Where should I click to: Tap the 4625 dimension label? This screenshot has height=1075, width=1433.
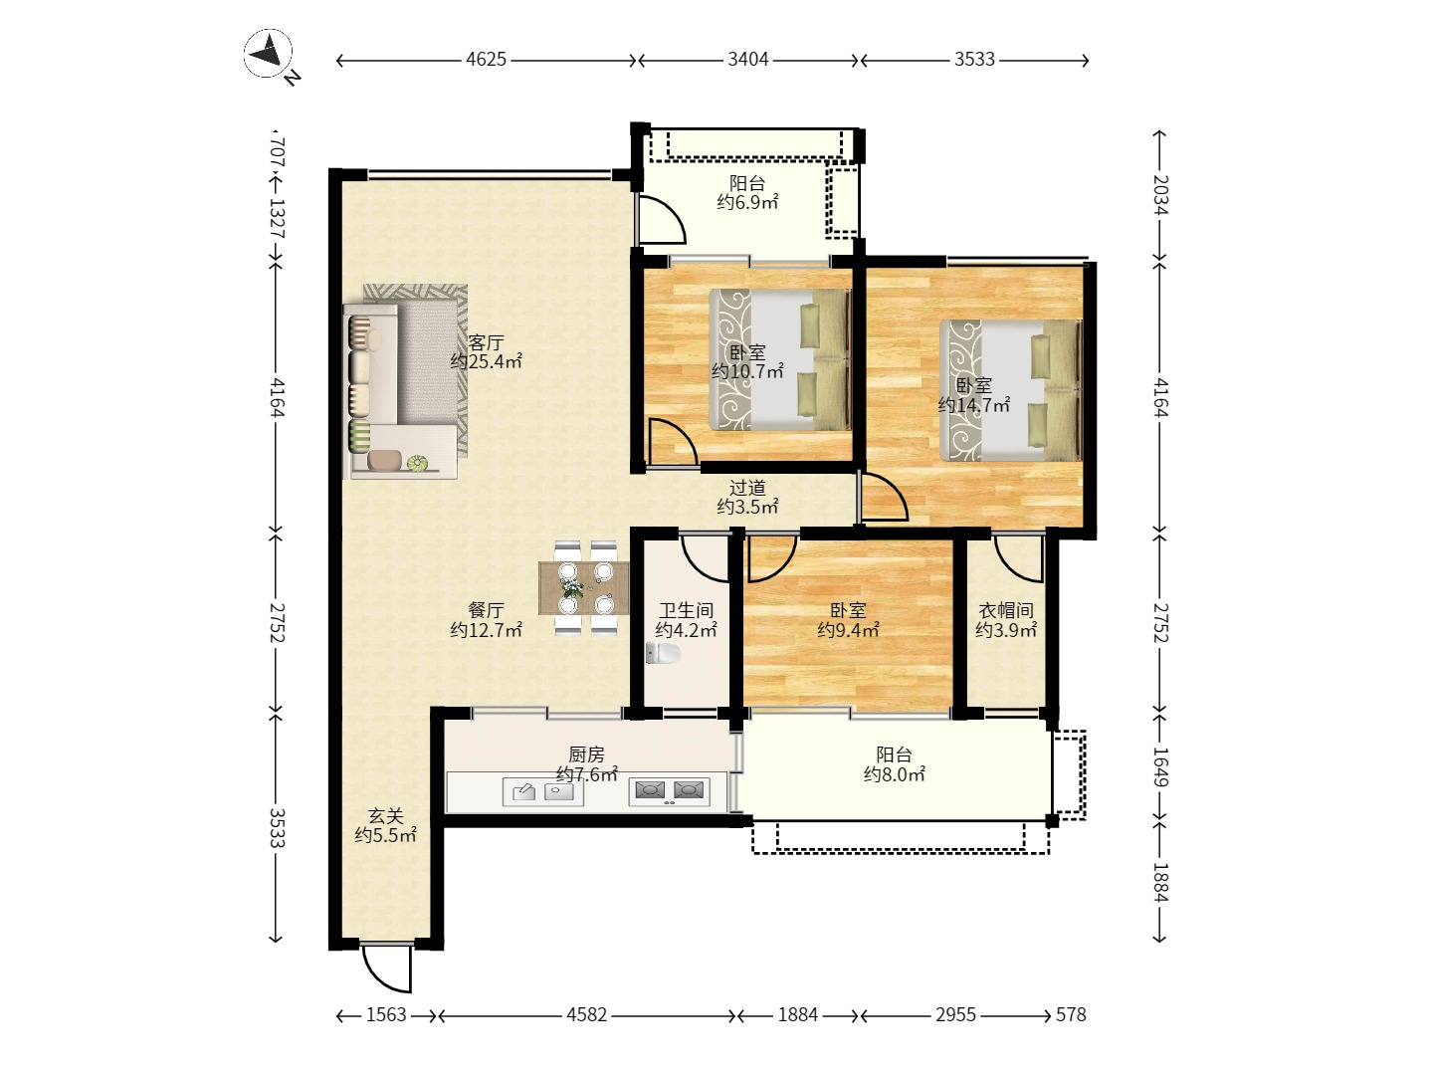tap(487, 60)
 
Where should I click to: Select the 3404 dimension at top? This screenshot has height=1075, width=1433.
tap(748, 60)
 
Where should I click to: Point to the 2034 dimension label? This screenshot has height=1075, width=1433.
tap(1160, 195)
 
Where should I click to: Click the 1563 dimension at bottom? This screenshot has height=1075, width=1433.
tap(386, 1014)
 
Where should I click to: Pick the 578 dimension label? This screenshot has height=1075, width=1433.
tap(1072, 1014)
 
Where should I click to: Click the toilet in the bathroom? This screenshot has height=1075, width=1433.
tap(662, 652)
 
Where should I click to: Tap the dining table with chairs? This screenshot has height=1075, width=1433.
tap(585, 587)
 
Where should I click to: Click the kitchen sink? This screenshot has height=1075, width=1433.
tap(542, 791)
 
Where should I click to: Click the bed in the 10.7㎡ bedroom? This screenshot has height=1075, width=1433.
tap(780, 359)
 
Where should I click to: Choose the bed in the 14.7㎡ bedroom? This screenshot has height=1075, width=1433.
tap(1011, 389)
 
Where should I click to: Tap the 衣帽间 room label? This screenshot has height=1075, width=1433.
tap(1006, 610)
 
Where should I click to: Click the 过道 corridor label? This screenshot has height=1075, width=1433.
tap(747, 488)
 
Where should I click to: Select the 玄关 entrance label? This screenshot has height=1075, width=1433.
tap(386, 815)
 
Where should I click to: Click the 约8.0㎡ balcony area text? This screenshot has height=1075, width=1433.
tap(894, 774)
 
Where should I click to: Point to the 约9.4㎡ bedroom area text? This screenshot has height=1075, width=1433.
tap(848, 630)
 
